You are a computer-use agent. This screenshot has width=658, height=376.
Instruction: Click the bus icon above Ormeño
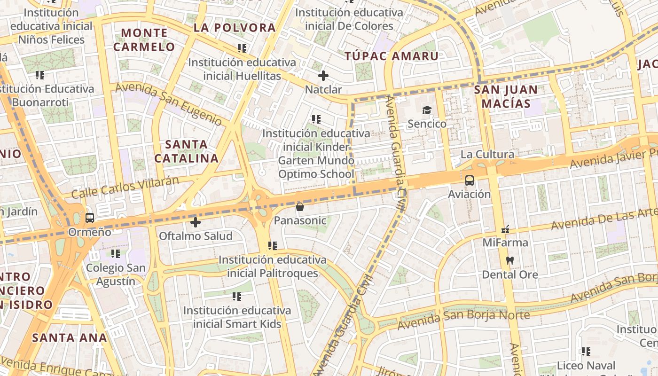click(x=89, y=218)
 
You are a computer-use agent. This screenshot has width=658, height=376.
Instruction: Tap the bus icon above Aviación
click(x=469, y=180)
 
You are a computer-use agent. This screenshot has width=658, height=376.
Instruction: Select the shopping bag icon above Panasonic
click(x=299, y=206)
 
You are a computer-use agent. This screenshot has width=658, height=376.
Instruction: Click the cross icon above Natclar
click(x=323, y=75)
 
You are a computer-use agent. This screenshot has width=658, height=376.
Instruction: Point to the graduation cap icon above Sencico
click(x=427, y=110)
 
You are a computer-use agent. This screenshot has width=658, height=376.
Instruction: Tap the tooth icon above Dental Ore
click(x=509, y=260)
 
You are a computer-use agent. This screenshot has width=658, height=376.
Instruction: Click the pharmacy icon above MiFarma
click(x=505, y=229)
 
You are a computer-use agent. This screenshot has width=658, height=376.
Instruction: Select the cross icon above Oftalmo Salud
click(x=196, y=222)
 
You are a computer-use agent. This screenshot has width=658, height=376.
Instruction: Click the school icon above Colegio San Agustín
click(x=116, y=254)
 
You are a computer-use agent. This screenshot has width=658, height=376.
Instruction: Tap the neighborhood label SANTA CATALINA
click(x=187, y=151)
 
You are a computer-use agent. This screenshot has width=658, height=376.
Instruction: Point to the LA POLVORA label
click(x=235, y=28)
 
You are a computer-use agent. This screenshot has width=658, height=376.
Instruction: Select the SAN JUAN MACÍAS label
click(x=506, y=96)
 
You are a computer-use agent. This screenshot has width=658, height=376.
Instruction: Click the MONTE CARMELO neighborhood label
click(x=144, y=40)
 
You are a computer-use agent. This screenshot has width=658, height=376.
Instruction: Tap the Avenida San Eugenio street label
click(x=169, y=104)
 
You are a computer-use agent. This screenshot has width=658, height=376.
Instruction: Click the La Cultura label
click(x=487, y=154)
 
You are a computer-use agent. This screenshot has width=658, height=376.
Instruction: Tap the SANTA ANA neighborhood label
click(x=70, y=337)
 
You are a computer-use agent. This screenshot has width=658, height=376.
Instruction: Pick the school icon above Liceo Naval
click(x=586, y=351)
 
